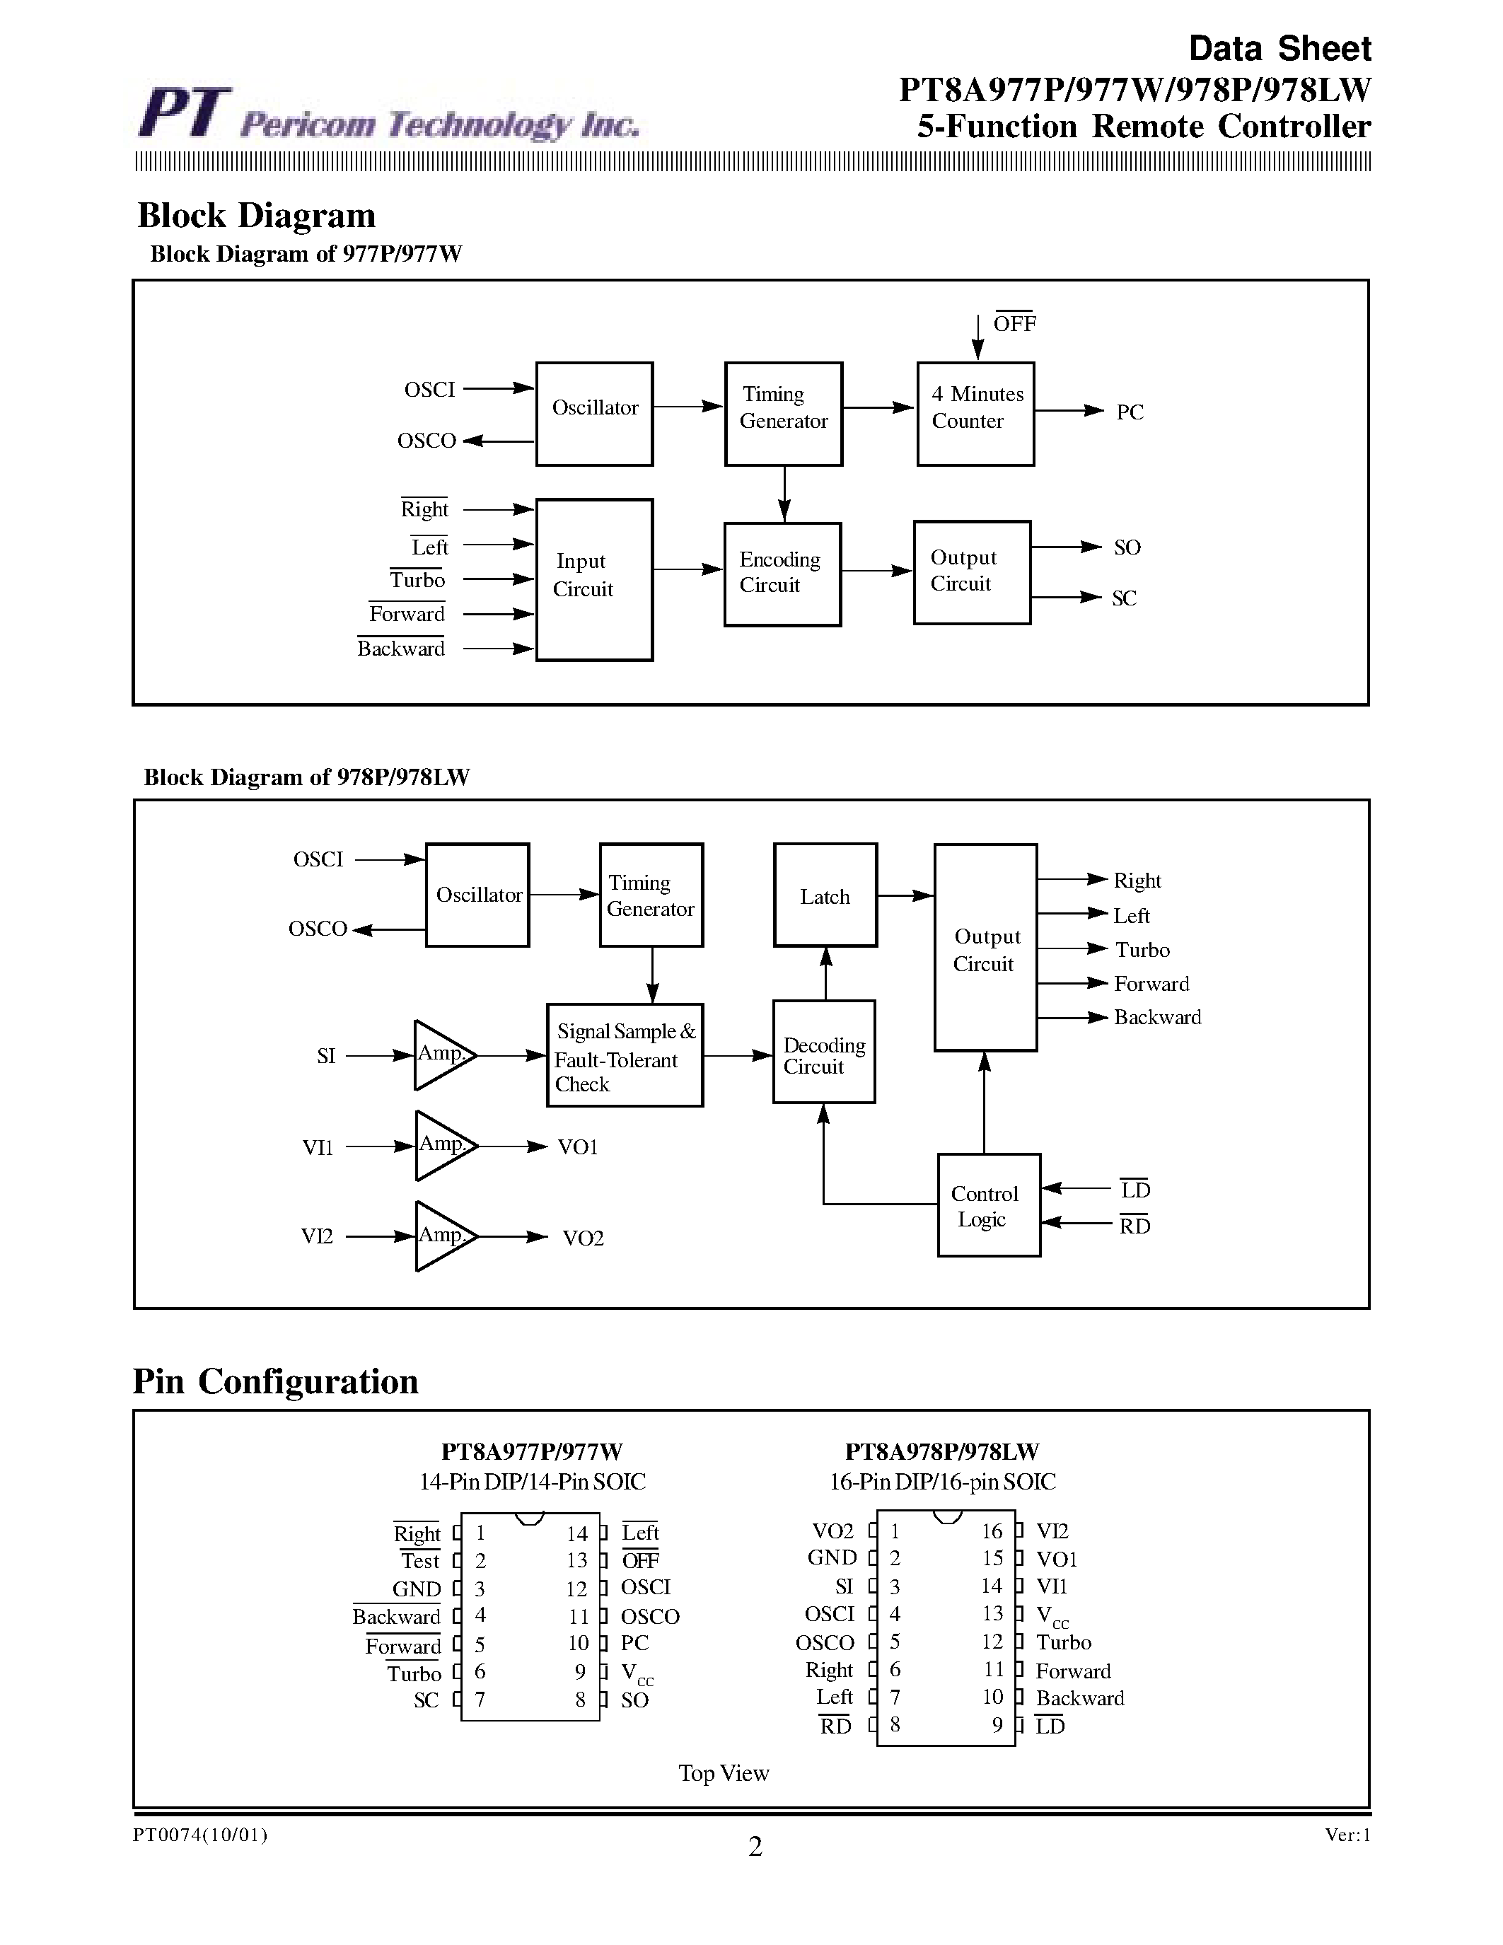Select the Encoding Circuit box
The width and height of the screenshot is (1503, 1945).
(783, 574)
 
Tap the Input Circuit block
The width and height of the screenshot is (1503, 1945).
(594, 579)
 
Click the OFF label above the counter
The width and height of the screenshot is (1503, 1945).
(1014, 324)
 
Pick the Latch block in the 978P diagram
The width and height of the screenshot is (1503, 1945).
(825, 895)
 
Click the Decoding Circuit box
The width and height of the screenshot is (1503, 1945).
(823, 1052)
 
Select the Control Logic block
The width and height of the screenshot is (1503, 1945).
(988, 1205)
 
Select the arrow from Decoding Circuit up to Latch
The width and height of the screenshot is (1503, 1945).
(825, 973)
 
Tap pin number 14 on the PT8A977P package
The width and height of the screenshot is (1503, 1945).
(577, 1533)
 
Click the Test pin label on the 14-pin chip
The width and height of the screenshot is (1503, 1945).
(420, 1561)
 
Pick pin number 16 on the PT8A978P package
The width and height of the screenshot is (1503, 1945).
(992, 1531)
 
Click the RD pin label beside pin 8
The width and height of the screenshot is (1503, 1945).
(835, 1726)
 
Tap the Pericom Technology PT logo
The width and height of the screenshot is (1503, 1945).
(185, 113)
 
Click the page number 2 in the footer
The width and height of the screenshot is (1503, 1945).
(755, 1847)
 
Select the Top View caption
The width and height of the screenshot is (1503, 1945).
(723, 1773)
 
